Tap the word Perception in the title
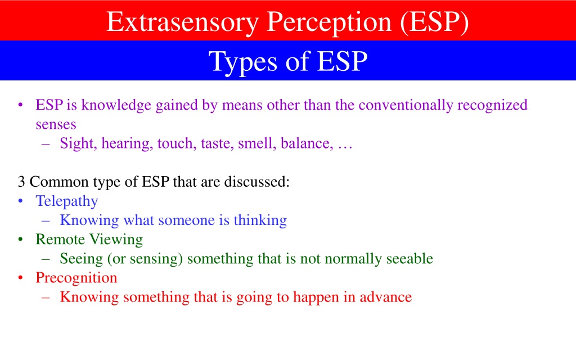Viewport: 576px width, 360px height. click(x=329, y=22)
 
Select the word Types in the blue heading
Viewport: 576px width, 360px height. click(x=243, y=62)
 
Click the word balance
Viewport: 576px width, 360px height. click(x=307, y=143)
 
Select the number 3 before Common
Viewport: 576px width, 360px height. click(x=21, y=182)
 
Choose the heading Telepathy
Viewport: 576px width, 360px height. click(x=67, y=201)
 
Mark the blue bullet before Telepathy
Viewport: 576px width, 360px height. click(x=21, y=201)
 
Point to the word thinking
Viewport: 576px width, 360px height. click(x=260, y=220)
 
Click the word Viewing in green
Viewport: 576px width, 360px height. click(x=116, y=240)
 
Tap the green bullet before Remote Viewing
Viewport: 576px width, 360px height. click(x=21, y=239)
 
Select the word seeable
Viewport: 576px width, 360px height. click(x=409, y=259)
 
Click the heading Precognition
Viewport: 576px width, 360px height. click(x=76, y=278)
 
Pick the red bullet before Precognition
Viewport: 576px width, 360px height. click(x=21, y=278)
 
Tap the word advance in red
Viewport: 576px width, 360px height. click(x=386, y=297)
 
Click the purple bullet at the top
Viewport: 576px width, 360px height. click(x=21, y=105)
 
